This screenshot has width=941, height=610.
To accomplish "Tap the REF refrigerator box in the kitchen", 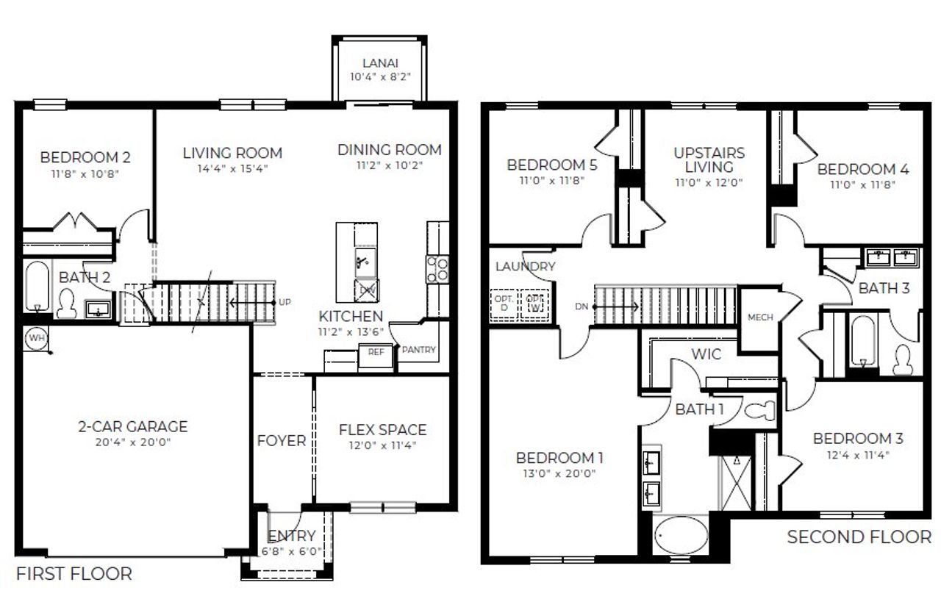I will [376, 352].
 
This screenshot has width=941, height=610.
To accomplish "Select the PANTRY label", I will [418, 350].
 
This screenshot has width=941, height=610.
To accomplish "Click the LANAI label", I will [380, 64].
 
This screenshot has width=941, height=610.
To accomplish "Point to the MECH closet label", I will [760, 317].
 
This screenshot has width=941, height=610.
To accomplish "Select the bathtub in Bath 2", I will [36, 287].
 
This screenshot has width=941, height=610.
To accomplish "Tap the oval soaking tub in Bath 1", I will [681, 537].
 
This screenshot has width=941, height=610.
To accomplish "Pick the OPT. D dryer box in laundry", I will [503, 304].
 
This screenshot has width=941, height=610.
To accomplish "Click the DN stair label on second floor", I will [581, 306].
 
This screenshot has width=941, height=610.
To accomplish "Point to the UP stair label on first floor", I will [285, 302].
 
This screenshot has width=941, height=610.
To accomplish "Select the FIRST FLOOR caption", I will [74, 573].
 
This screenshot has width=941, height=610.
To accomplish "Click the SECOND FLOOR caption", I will [859, 537].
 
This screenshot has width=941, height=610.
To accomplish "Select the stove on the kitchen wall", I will [438, 268].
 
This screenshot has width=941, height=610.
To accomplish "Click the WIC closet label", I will [705, 354].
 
